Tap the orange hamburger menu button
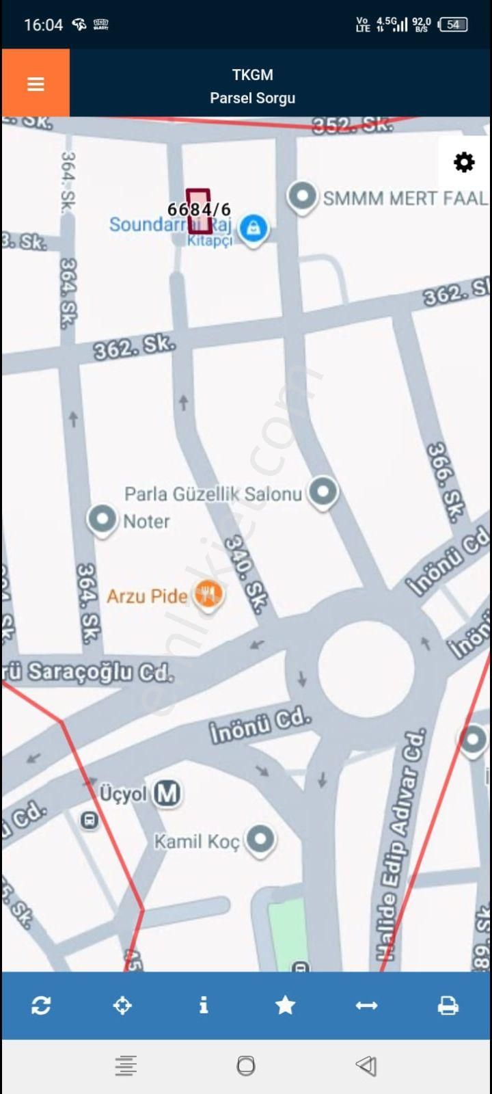pos(36,83)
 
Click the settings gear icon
pos(464,163)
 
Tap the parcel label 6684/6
pos(199,209)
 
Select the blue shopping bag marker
pos(254,228)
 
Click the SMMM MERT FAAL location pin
pos(301,197)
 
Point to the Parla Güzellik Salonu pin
pos(323,492)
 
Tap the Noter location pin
pos(102,519)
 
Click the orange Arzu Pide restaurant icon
pos(208,594)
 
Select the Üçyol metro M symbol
pos(167,793)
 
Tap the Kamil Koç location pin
pos(260,839)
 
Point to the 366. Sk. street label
pos(442,483)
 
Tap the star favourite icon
pos(285,1005)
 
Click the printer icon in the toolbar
pos(448,1005)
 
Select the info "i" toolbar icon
pos(203,1005)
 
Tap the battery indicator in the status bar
pos(453,25)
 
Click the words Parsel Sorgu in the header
pos(252,98)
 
